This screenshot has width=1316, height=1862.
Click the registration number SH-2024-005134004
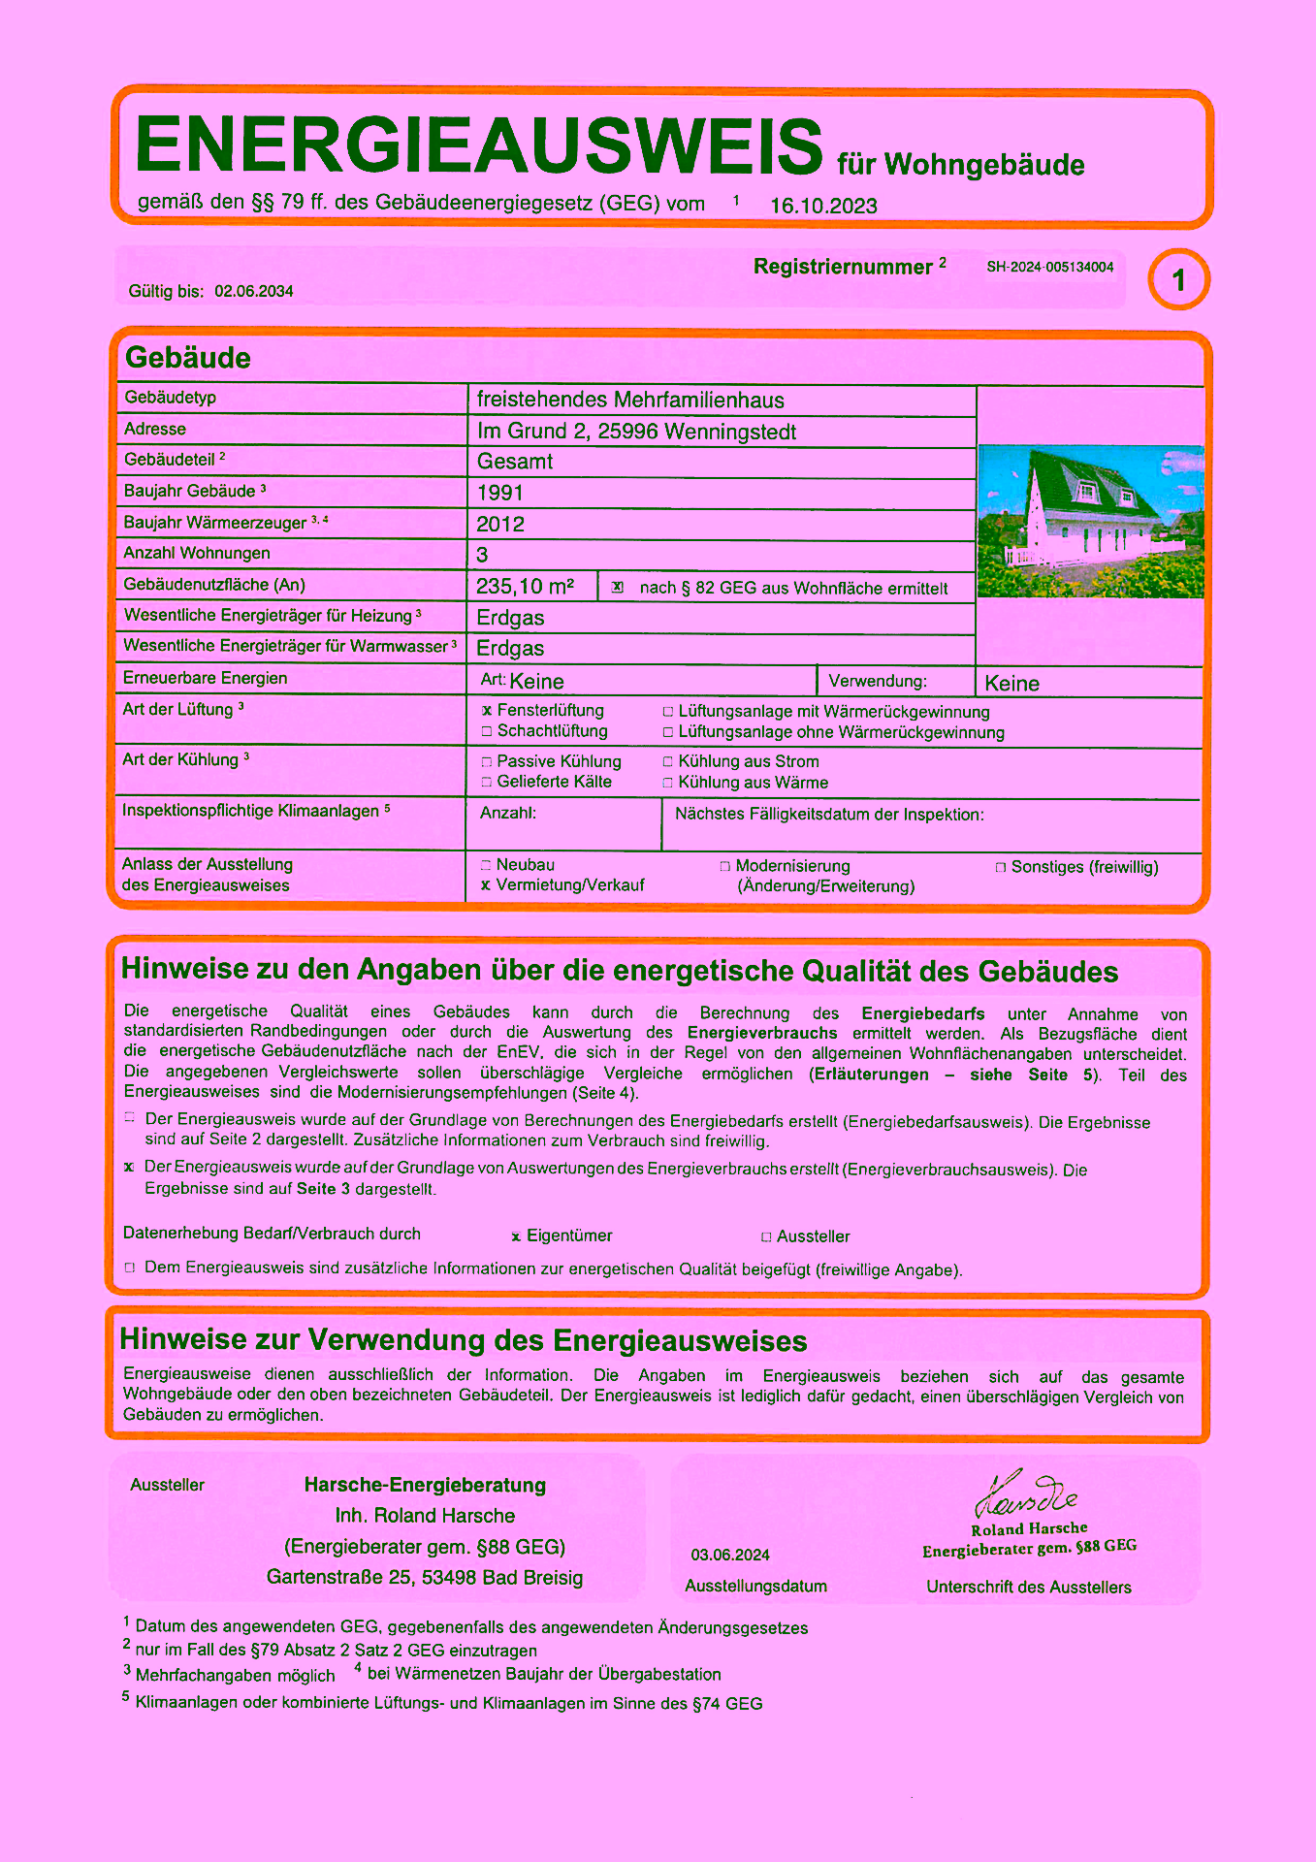pyautogui.click(x=1049, y=268)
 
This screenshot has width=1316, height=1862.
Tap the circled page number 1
pyautogui.click(x=1178, y=280)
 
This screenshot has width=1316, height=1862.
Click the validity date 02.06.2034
pyautogui.click(x=254, y=292)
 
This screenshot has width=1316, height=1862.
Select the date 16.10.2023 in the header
pyautogui.click(x=823, y=206)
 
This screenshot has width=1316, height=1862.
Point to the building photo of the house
pyautogui.click(x=1090, y=521)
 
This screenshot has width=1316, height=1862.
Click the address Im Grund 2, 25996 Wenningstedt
pyautogui.click(x=636, y=432)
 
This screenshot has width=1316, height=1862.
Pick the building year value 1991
pyautogui.click(x=499, y=493)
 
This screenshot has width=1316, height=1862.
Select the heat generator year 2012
pyautogui.click(x=500, y=525)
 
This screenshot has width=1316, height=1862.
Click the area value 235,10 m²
pyautogui.click(x=525, y=587)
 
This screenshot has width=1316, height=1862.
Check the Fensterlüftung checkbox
pyautogui.click(x=487, y=711)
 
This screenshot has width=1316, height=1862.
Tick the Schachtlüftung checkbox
pyautogui.click(x=487, y=731)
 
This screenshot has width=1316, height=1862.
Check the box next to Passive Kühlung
pyautogui.click(x=487, y=762)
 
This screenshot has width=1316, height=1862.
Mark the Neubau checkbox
pyautogui.click(x=486, y=865)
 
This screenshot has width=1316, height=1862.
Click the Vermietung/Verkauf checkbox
pyautogui.click(x=486, y=885)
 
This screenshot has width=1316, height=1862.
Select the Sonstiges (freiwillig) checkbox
pyautogui.click(x=1000, y=868)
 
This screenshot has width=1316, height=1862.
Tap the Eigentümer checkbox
pyautogui.click(x=516, y=1237)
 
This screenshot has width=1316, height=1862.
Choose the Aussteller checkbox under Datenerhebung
pyautogui.click(x=766, y=1237)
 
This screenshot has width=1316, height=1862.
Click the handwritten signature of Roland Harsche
pyautogui.click(x=1026, y=1494)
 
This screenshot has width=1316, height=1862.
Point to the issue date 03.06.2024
pyautogui.click(x=730, y=1556)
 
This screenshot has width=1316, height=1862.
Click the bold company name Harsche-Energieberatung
pyautogui.click(x=425, y=1485)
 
